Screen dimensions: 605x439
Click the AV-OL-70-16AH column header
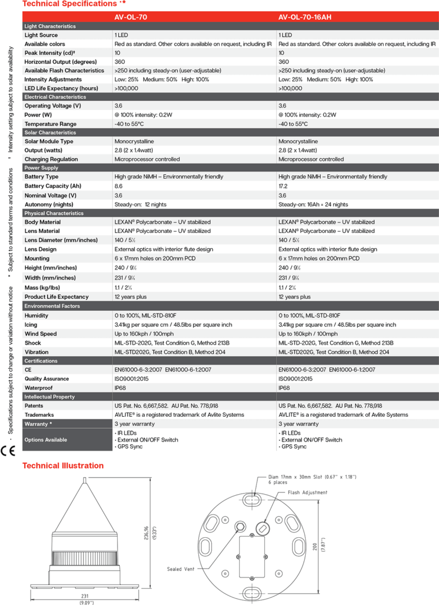click(305, 17)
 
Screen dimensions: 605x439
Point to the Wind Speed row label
click(40, 334)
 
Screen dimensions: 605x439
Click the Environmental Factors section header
click(52, 306)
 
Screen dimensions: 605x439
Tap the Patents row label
click(34, 406)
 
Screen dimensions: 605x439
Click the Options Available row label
click(46, 440)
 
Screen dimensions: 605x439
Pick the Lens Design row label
click(40, 249)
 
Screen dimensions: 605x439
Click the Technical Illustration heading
click(63, 466)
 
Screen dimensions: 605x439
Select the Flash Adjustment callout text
click(307, 493)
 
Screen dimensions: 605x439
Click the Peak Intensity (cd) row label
click(50, 53)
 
